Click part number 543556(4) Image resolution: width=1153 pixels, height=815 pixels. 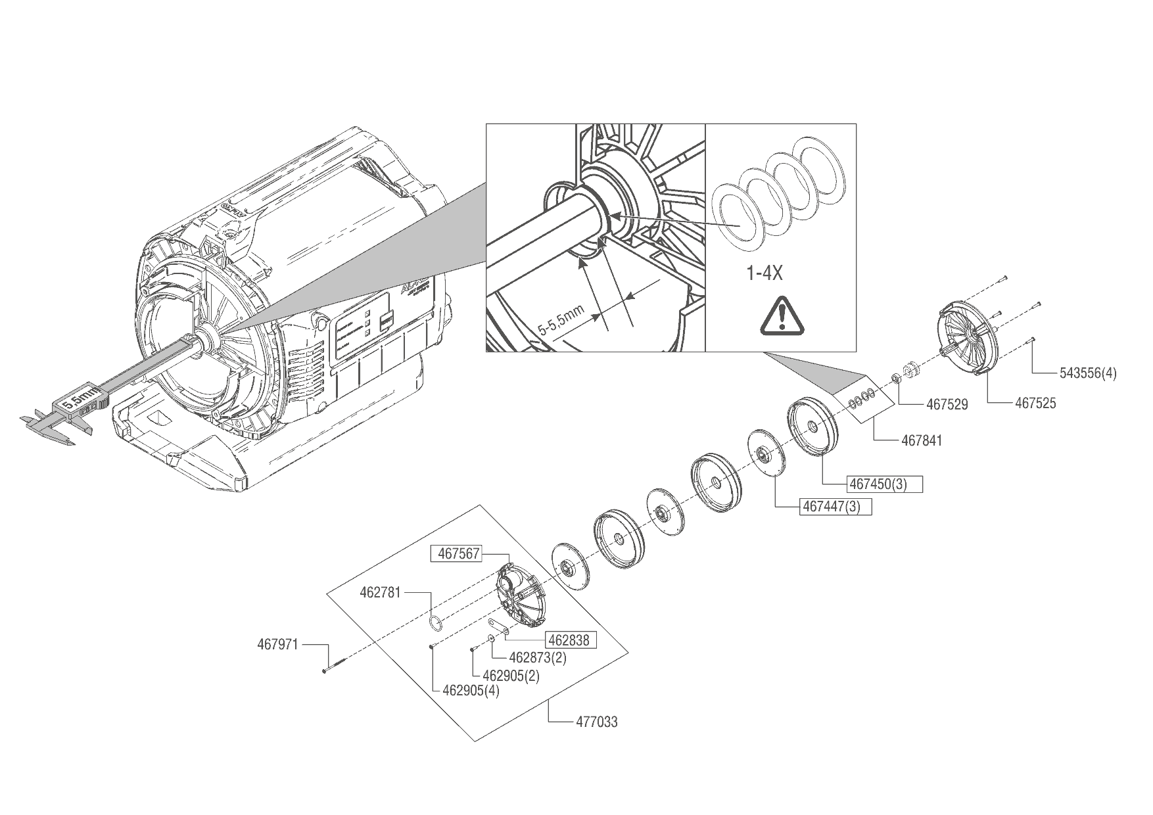pos(1087,374)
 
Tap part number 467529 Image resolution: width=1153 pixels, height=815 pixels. pos(947,405)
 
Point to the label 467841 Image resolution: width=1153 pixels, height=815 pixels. pos(921,440)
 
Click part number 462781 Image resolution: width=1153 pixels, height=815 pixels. pos(380,592)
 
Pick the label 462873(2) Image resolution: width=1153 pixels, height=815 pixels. pos(538,657)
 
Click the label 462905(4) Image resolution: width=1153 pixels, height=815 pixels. pos(471,691)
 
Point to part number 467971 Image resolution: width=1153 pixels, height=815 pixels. pos(277,645)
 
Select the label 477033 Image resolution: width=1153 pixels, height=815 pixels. pos(596,722)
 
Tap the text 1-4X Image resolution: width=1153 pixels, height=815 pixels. pos(764,273)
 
